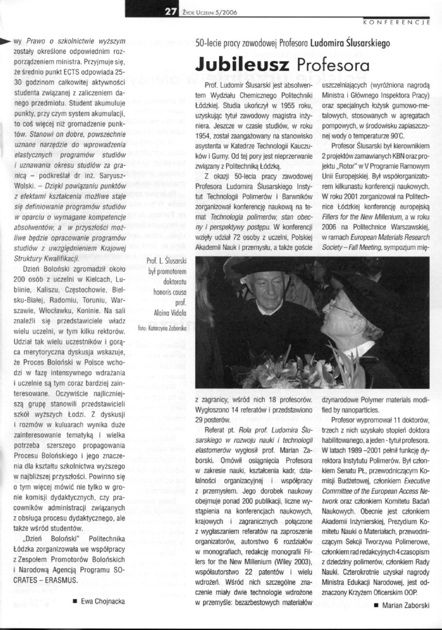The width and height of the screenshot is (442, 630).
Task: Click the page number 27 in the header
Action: point(170,13)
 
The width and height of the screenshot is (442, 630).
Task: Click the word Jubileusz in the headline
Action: point(242,66)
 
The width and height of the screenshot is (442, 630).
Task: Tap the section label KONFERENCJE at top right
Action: point(396,22)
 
